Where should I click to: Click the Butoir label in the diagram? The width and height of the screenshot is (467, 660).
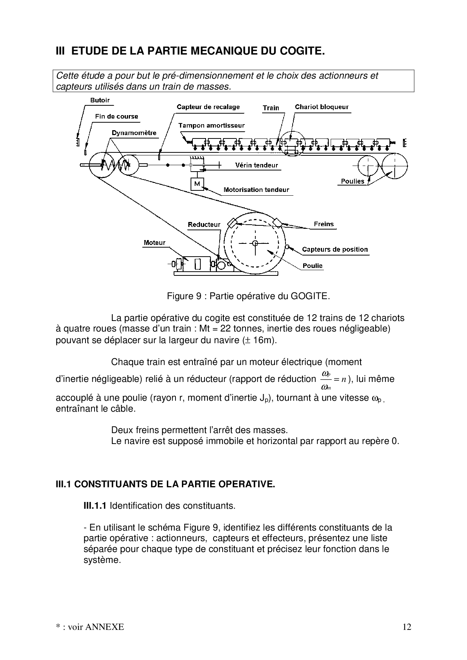100,100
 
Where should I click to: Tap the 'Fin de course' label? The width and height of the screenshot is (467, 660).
116,117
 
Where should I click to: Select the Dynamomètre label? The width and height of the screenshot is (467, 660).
134,133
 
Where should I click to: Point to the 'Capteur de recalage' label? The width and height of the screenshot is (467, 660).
208,107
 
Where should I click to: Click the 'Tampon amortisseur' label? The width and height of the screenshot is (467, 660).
211,126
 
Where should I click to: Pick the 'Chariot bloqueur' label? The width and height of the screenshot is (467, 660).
322,107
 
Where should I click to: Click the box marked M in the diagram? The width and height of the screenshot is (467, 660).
197,184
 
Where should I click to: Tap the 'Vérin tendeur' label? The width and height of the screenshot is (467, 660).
256,165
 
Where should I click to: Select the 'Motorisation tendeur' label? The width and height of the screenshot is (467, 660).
256,190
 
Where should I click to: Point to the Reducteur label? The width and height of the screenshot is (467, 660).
204,225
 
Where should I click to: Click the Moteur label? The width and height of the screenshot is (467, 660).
154,243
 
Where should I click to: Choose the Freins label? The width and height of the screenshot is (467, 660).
324,224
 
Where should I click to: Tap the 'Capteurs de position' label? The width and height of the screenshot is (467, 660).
335,249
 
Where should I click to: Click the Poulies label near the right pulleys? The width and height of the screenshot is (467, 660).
353,181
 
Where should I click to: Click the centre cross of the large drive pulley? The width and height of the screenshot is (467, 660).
255,243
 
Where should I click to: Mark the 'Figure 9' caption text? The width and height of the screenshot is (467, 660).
248,296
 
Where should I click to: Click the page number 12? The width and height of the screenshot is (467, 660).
407,627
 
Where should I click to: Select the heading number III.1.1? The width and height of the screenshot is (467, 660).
95,506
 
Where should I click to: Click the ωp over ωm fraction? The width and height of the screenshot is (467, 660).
326,379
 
